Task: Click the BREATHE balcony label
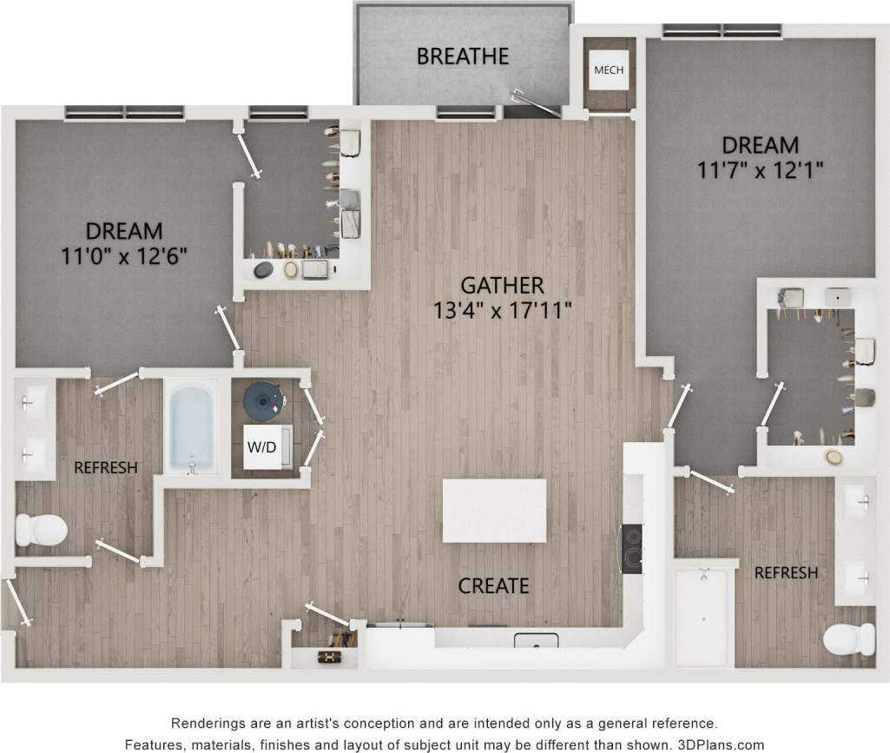pos(462,57)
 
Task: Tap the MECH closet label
pos(608,70)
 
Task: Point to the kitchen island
pos(495,511)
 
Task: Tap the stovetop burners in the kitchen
pos(631,550)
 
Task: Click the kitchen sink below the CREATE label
pos(536,641)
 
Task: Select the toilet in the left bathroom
pos(42,528)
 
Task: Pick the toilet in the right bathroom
pos(847,641)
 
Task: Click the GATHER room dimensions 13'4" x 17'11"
pos(503,310)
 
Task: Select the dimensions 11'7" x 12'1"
pos(760,170)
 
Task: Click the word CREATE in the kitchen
pos(493,586)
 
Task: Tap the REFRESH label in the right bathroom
pos(785,572)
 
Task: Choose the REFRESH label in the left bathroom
pos(105,467)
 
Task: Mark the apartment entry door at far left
pos(16,601)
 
